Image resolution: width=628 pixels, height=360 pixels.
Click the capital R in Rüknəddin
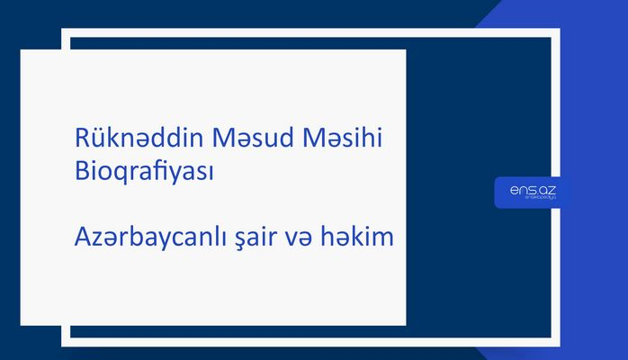click(x=82, y=140)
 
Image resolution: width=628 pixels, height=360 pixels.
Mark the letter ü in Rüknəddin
click(x=98, y=141)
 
